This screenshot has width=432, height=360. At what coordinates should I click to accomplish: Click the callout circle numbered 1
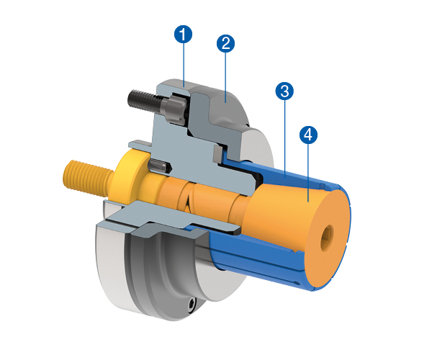184,34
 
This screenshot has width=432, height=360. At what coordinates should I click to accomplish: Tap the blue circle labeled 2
225,43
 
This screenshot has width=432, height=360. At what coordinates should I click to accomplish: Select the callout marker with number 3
284,91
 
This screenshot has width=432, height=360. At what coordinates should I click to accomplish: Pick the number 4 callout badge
308,135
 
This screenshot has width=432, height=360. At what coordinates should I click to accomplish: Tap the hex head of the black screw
175,110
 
